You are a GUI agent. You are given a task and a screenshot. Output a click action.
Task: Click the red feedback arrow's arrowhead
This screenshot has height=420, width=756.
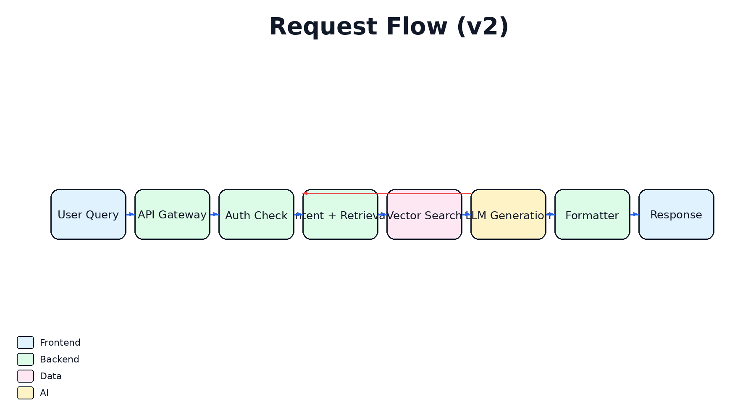[x=305, y=193]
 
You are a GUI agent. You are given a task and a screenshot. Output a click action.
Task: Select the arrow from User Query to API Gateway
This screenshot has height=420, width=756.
[x=130, y=215]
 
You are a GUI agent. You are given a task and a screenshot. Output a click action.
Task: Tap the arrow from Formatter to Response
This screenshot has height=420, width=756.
[x=634, y=215]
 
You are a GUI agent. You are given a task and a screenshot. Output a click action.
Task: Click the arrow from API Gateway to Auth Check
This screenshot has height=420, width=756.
[x=214, y=215]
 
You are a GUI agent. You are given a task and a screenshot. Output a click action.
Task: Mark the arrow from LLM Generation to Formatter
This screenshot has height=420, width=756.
[x=550, y=215]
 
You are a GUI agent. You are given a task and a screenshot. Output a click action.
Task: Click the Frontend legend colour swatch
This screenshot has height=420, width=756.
[x=25, y=342]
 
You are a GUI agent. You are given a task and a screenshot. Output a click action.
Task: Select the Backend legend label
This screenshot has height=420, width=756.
[x=59, y=360]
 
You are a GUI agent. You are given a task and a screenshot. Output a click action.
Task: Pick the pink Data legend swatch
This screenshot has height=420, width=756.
[x=25, y=376]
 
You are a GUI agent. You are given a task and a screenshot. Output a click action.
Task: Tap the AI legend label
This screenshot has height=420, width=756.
[x=44, y=393]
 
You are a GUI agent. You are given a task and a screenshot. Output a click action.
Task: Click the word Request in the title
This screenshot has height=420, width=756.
[x=323, y=27]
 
